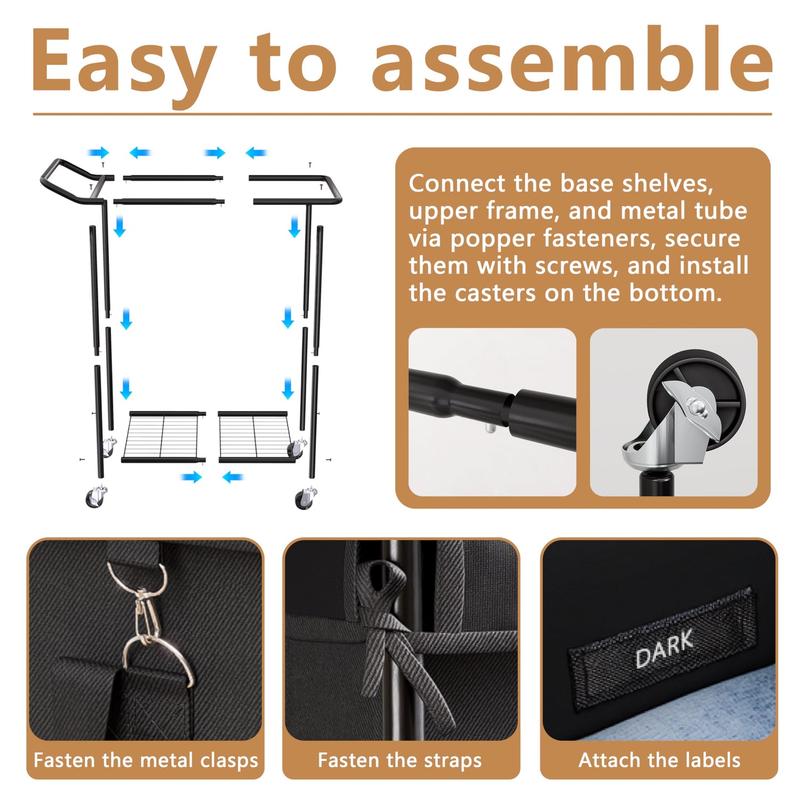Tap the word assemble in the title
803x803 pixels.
(x=572, y=58)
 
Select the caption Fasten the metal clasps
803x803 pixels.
(x=146, y=760)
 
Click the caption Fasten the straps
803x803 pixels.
(x=400, y=760)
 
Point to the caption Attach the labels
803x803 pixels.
(x=659, y=760)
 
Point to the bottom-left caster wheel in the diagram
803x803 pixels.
(x=96, y=496)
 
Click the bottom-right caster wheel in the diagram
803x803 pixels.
(x=306, y=497)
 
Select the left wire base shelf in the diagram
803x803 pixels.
(x=163, y=437)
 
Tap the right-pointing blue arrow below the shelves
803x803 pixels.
(x=191, y=477)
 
